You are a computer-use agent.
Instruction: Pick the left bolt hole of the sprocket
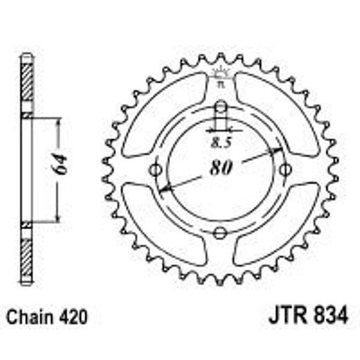[156, 170]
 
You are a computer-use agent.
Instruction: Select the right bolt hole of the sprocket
[285, 170]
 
